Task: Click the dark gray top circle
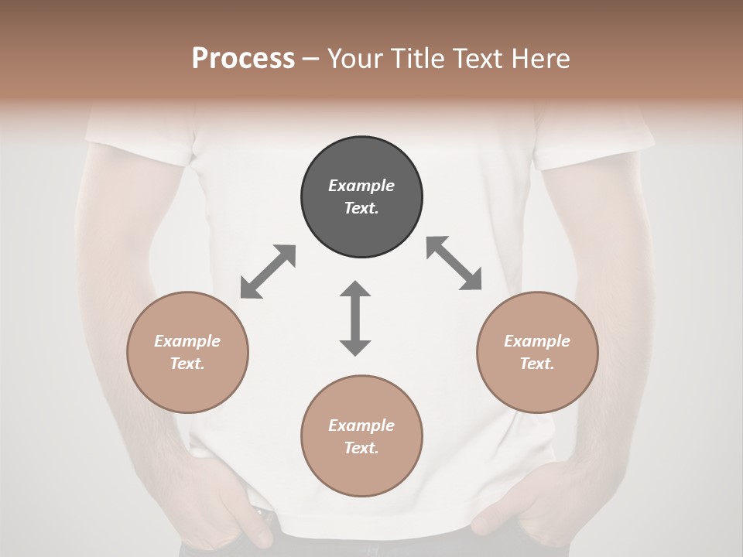click(361, 196)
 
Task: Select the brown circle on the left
click(187, 352)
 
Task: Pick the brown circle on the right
click(537, 352)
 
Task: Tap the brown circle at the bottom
click(361, 436)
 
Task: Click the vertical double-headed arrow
click(355, 318)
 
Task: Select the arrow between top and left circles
click(268, 272)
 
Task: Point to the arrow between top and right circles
click(454, 263)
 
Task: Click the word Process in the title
click(243, 58)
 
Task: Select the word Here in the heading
click(541, 58)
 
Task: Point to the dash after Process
click(311, 59)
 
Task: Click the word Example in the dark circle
click(361, 186)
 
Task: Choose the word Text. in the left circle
click(187, 364)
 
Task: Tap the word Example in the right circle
click(537, 341)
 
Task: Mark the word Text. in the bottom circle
click(361, 448)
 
